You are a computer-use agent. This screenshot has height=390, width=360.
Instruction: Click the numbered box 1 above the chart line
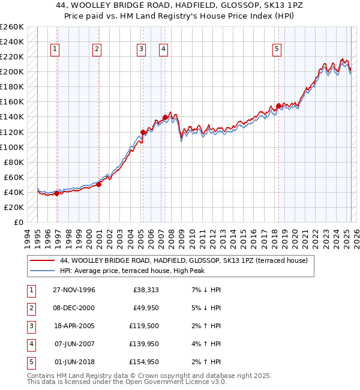[x=55, y=50]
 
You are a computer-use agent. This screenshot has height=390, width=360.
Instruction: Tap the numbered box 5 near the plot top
[x=277, y=50]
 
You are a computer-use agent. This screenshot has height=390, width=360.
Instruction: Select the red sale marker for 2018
[x=278, y=106]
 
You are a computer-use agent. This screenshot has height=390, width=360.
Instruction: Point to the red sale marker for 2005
[x=143, y=132]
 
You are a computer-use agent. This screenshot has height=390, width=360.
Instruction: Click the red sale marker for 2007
[x=165, y=117]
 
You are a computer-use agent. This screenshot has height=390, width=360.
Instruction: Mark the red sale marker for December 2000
[x=99, y=184]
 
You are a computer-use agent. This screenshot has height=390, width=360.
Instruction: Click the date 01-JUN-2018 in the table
[x=73, y=362]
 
